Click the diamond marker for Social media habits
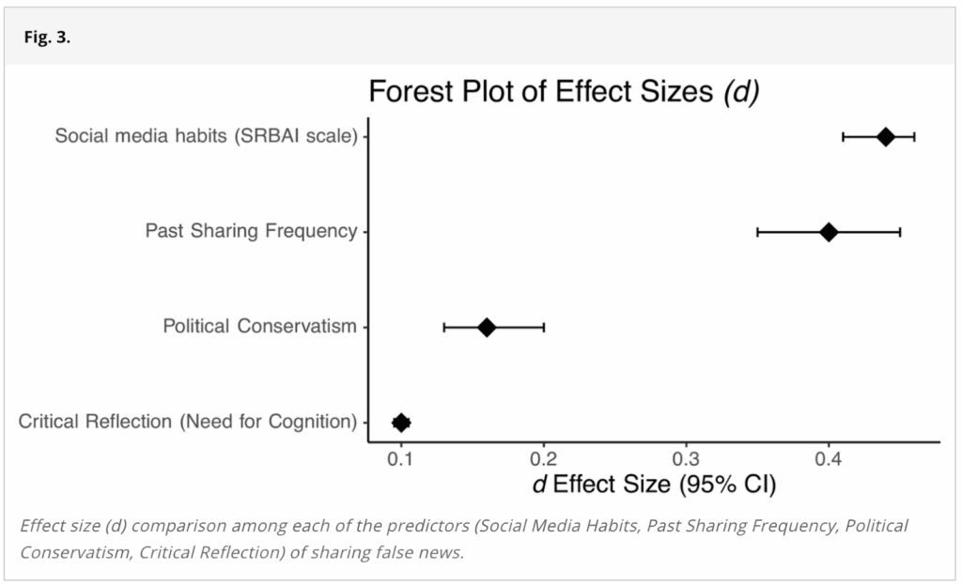885,137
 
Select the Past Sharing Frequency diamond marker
829,232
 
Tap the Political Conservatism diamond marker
487,327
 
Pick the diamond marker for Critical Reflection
401,423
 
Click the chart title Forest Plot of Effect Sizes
564,92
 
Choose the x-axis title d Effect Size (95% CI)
654,485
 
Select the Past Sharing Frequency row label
251,231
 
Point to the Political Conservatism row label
260,327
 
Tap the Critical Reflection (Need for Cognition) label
188,422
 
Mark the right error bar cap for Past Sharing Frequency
900,232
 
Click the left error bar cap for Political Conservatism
444,327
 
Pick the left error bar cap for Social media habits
844,137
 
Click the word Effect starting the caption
42,525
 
